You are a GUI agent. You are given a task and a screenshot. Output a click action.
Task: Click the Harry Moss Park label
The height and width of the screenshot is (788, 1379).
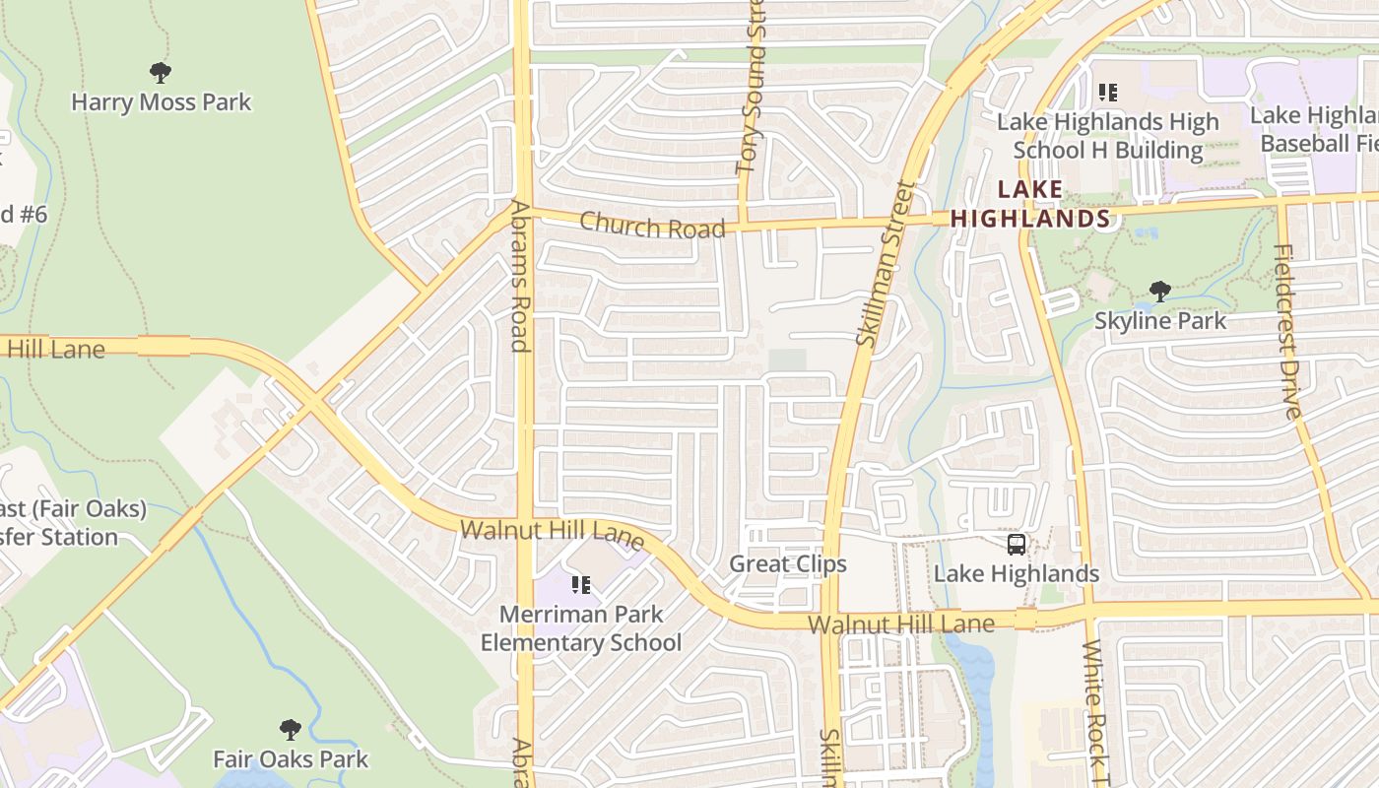coord(162,102)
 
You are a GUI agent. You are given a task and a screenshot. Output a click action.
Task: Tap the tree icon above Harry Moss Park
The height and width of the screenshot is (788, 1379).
coord(161,72)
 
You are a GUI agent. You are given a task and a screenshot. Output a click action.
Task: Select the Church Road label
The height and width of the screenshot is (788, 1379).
coord(652,226)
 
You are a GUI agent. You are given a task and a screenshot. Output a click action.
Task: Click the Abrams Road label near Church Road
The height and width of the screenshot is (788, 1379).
coord(520,276)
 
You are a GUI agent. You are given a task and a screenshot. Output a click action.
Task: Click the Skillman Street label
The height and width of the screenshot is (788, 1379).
coord(881,263)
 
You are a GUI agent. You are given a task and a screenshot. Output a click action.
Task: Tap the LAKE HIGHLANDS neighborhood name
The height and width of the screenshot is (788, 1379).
coord(1030,204)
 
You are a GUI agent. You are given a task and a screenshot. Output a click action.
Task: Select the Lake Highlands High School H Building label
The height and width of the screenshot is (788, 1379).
coord(1108,136)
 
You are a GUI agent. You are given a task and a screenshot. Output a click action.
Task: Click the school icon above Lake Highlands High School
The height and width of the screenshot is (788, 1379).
coord(1108,93)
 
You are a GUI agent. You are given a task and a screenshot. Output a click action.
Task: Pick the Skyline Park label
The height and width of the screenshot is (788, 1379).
coord(1160,321)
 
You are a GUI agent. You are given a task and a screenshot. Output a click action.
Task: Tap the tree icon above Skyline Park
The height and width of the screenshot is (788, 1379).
coord(1160,291)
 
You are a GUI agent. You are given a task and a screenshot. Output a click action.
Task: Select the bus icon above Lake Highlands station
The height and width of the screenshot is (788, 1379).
coord(1017,544)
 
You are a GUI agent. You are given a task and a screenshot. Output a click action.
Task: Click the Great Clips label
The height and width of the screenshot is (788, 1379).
coord(788,564)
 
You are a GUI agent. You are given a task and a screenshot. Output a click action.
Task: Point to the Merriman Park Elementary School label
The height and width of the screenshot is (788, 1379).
coord(581,628)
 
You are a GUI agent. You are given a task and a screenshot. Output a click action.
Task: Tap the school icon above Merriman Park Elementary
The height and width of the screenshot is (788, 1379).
coord(581,585)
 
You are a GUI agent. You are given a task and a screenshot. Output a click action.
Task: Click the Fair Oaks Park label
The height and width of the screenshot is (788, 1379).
coord(291,759)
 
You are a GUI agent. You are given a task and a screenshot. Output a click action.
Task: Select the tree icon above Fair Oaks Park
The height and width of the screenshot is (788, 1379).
coord(290,730)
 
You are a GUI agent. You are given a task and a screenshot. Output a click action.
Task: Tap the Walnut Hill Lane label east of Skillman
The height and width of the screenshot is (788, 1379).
coord(901,624)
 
